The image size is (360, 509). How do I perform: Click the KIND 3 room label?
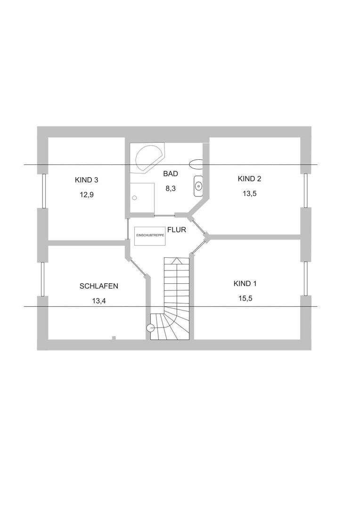pos(86,180)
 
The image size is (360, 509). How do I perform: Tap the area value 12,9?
pos(87,195)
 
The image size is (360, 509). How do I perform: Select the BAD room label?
pos(171,173)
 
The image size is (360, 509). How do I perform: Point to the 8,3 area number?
pos(171,188)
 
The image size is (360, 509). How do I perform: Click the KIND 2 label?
pos(249,179)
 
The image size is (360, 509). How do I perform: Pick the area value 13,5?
pos(249,194)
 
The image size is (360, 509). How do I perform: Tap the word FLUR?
pos(177,230)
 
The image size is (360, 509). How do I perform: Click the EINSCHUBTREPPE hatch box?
pos(150,235)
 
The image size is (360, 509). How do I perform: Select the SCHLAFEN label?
pos(98,286)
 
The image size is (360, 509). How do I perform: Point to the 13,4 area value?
pos(98,301)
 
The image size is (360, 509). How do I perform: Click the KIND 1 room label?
pos(245,283)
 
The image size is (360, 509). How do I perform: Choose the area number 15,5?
pos(245,298)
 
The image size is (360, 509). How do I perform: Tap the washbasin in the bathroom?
pos(198,186)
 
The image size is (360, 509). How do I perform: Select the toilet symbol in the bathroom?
pos(196,164)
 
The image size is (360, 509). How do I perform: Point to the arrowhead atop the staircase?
pos(176,260)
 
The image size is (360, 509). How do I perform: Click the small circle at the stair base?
pos(151,328)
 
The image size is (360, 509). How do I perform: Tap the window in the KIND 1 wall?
pos(306,279)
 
